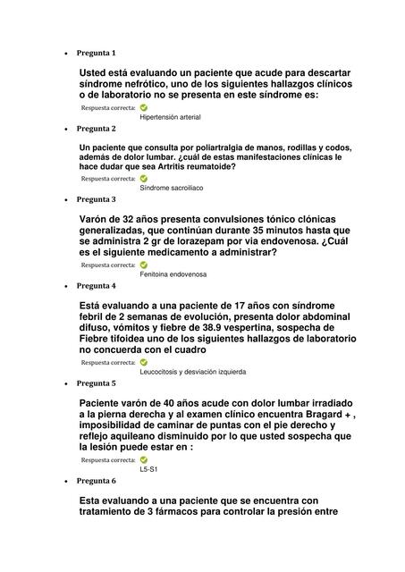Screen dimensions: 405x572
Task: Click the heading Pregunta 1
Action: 96,53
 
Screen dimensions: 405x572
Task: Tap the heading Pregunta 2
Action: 96,128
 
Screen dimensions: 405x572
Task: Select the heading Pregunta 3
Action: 96,199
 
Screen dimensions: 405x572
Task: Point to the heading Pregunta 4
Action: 96,286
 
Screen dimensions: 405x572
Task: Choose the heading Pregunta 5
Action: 96,383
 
